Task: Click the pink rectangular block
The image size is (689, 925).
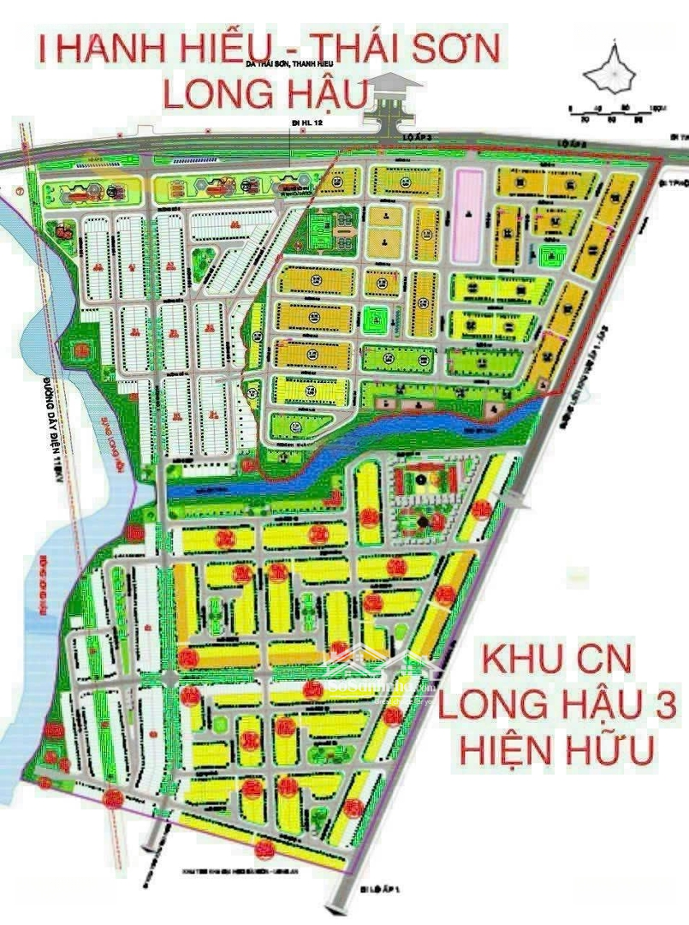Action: tap(467, 214)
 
